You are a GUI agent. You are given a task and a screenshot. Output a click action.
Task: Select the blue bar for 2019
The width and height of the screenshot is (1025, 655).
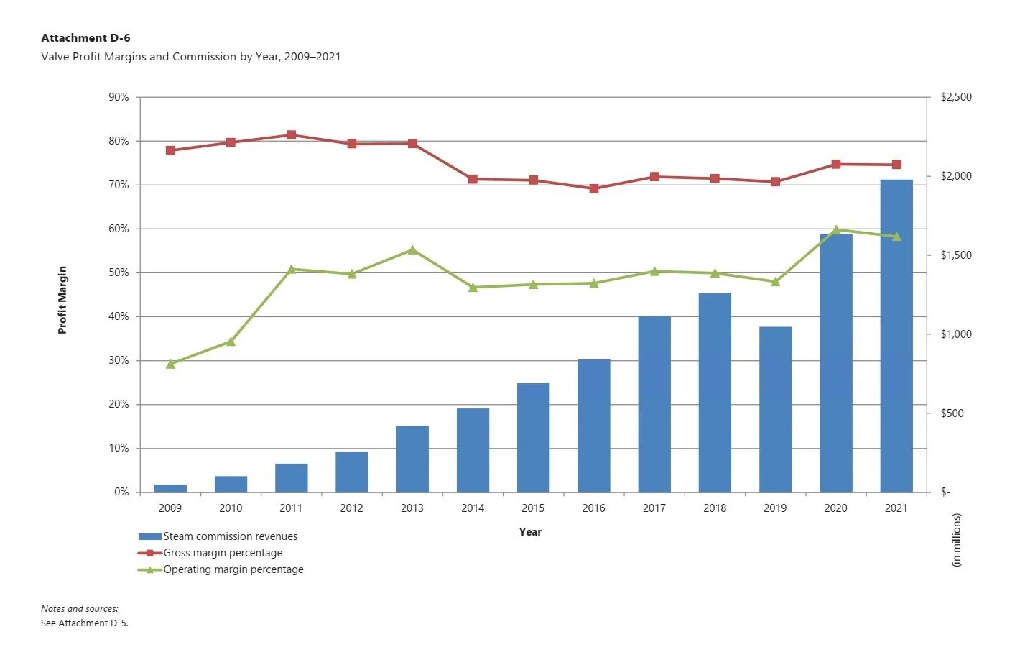coord(775,410)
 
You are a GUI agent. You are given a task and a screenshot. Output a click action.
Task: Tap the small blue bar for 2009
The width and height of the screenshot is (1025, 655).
coord(170,488)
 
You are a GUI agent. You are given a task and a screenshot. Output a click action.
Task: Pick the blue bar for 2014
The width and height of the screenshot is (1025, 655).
coord(473,450)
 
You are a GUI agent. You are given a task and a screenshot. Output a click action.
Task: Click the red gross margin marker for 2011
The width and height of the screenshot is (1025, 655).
coord(292,135)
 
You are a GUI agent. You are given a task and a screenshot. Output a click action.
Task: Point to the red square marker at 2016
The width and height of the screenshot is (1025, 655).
coord(594,188)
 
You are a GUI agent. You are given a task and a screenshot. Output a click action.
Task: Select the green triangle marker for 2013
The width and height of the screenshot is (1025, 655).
coord(412,250)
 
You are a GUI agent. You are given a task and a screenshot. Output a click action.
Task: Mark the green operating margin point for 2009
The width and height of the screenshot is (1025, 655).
coord(170,364)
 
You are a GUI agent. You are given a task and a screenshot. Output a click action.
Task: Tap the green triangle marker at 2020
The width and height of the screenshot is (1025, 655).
coord(836,230)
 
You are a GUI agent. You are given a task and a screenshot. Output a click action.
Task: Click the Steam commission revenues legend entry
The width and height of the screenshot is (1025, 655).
coord(229,536)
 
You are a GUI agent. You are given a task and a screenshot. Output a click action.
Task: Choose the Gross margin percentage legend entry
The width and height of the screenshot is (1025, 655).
coord(222,553)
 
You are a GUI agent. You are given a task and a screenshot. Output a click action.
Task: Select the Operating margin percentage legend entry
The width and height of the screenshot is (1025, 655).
coord(233,569)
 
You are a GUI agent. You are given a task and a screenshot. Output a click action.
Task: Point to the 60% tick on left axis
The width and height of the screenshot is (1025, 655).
coord(119,229)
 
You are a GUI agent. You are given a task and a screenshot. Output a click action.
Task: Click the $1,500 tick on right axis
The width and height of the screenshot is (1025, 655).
coord(956,255)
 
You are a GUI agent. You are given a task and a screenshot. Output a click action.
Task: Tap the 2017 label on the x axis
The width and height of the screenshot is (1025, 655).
coord(654,508)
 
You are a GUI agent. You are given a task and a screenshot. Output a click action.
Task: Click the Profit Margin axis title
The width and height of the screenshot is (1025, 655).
coord(62,300)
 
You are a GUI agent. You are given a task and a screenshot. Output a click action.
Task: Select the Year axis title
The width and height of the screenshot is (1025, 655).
coord(530,532)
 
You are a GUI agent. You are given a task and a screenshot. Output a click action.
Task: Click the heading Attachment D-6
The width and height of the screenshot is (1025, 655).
coord(85,38)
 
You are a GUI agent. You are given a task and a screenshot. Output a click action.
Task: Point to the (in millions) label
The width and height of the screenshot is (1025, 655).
coord(956,540)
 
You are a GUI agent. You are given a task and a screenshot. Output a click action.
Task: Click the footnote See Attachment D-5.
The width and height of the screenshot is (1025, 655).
coord(84,623)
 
